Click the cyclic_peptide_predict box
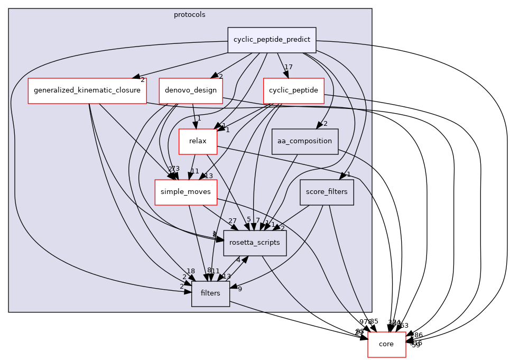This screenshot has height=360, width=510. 272,40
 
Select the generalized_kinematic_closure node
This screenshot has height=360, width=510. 87,90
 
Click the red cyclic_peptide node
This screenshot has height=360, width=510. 293,90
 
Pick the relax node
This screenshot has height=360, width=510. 198,141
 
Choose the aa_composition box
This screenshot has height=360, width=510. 304,141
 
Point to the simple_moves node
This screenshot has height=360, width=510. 186,192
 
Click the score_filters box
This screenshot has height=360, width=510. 326,192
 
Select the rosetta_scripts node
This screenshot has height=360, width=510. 255,243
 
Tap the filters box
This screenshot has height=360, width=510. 210,293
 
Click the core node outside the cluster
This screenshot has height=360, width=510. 386,344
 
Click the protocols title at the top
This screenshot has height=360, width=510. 189,15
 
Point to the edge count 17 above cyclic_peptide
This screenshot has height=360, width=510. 288,67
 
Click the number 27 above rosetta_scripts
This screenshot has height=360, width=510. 232,220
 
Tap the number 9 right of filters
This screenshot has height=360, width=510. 239,289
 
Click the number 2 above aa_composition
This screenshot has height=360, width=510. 326,124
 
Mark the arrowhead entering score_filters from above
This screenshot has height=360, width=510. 344,176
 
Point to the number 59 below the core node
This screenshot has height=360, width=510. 416,345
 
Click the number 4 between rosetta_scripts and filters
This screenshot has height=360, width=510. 238,260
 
